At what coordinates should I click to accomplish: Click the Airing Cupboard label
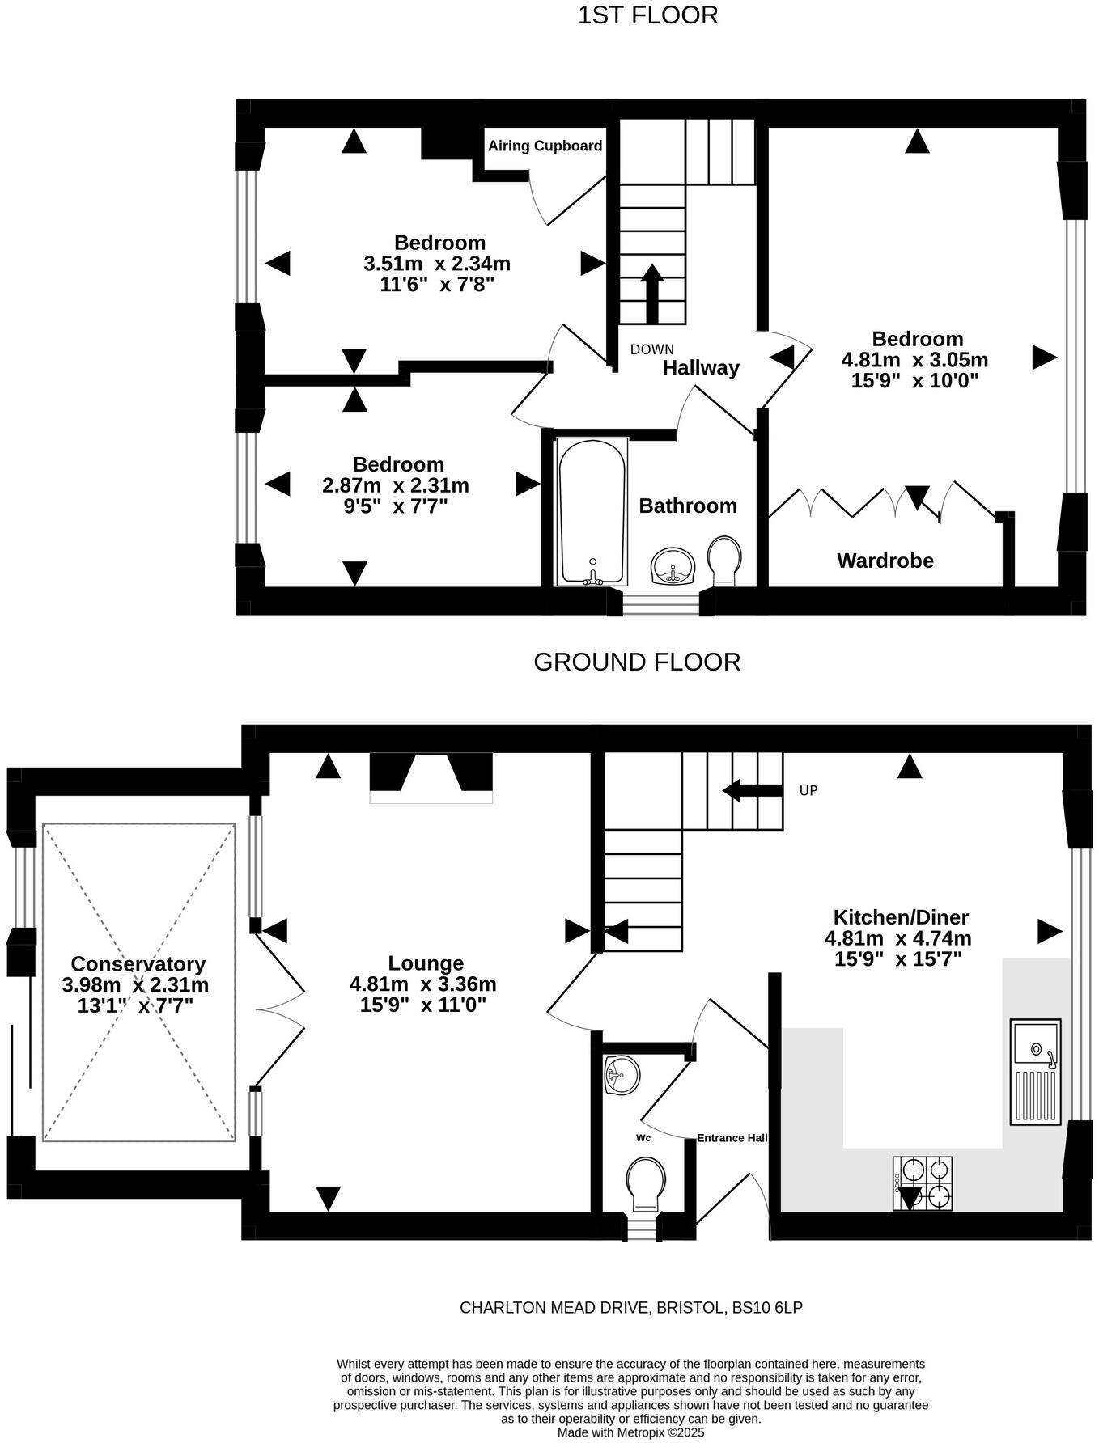(545, 146)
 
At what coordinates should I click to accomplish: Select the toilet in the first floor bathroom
(724, 560)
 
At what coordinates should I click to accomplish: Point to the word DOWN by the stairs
(651, 349)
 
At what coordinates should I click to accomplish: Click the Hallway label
(701, 368)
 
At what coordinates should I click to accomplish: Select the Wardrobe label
(885, 561)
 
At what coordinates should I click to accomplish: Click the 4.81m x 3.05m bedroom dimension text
(914, 360)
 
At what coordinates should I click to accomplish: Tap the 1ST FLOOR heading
(647, 15)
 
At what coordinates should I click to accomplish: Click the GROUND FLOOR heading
(637, 662)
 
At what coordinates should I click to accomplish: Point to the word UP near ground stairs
(808, 790)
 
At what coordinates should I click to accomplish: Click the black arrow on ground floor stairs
(752, 790)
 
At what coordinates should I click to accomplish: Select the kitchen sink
(1036, 1071)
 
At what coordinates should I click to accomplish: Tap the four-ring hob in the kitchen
(923, 1183)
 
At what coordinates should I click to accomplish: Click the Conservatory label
(138, 963)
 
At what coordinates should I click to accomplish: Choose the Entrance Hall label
(732, 1138)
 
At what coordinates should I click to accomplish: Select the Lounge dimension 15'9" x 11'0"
(422, 1005)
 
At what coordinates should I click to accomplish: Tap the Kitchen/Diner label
(901, 917)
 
